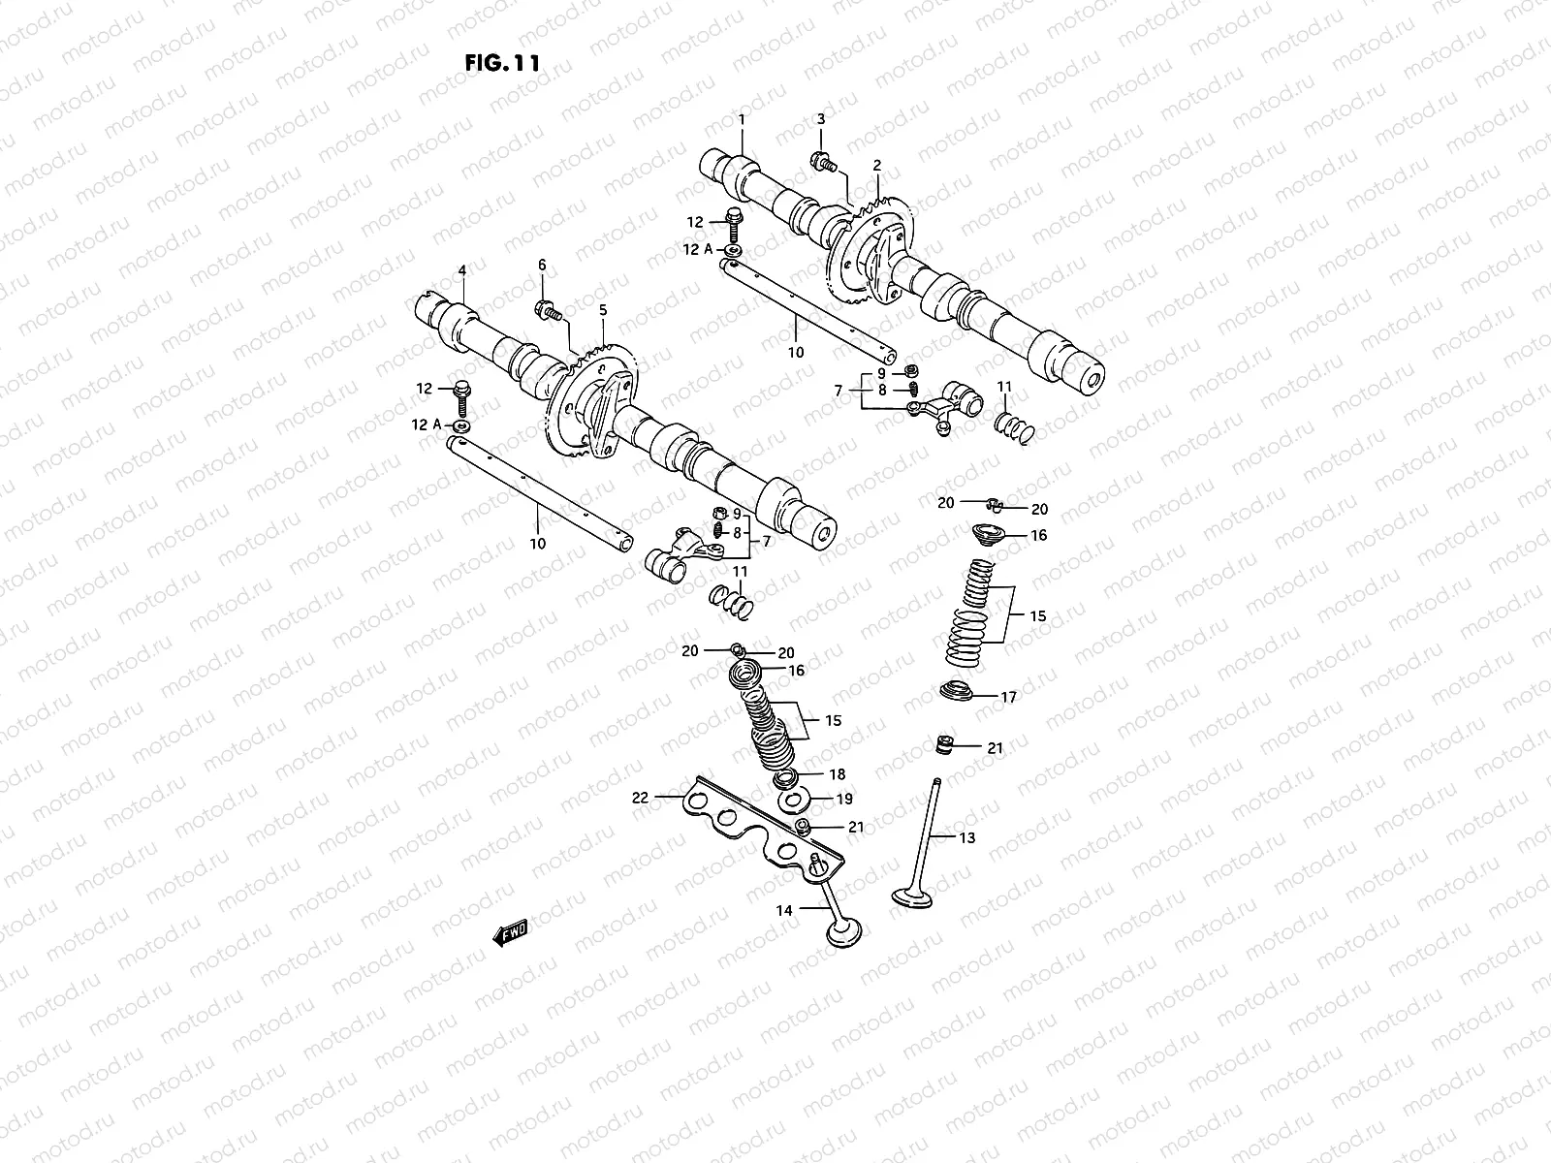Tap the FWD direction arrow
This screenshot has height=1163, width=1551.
click(x=510, y=932)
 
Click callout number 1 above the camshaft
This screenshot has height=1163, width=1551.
click(x=742, y=119)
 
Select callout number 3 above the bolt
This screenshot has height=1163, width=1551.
click(x=820, y=119)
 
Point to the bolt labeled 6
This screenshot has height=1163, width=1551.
click(x=546, y=310)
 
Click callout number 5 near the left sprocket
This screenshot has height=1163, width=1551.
click(x=602, y=310)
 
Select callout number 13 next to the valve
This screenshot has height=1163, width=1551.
click(x=967, y=837)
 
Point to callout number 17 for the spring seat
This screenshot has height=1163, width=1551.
click(x=1008, y=696)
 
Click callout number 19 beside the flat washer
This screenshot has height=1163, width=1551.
click(x=844, y=799)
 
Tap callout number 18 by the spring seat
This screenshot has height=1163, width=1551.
click(x=838, y=774)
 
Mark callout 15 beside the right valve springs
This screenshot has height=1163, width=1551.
click(x=1037, y=615)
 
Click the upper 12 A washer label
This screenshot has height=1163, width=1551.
click(x=698, y=249)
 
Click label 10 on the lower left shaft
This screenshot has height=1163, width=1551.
click(x=537, y=543)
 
